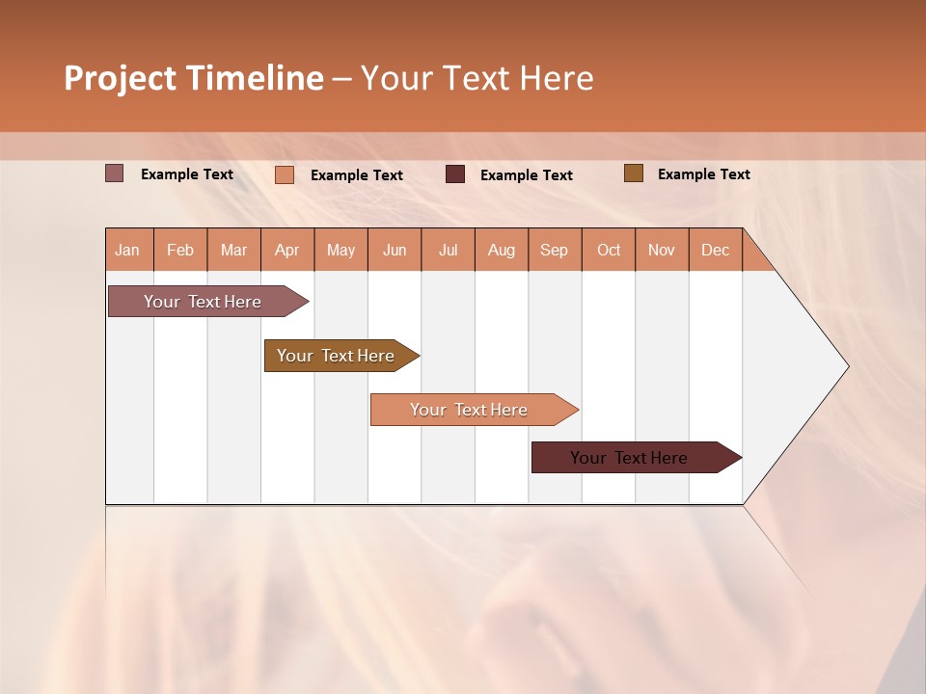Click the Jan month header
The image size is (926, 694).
(127, 251)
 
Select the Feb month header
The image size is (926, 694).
(180, 251)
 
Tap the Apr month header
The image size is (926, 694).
(286, 251)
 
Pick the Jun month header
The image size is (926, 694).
(395, 251)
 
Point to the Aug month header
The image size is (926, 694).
(501, 251)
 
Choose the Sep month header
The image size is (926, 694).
(554, 251)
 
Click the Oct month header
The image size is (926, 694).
(609, 251)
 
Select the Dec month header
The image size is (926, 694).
(715, 251)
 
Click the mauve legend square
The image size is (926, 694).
(115, 173)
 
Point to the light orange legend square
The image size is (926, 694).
(285, 174)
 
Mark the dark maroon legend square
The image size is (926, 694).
(455, 174)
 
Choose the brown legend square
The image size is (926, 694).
(633, 173)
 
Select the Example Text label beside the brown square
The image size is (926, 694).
(703, 174)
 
